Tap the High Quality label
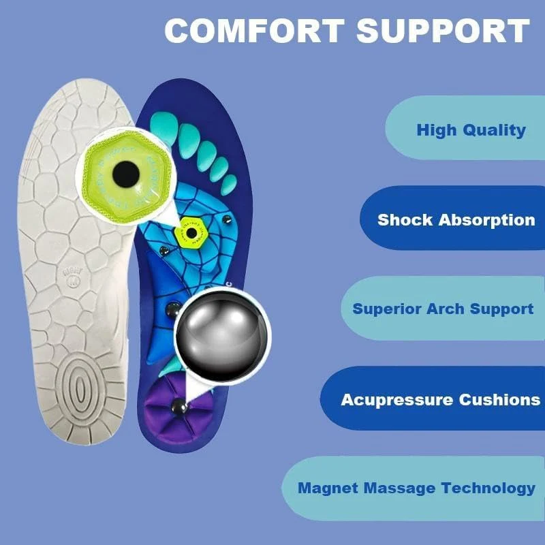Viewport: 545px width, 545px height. tap(471, 129)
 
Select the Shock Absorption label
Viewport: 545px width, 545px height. tap(456, 220)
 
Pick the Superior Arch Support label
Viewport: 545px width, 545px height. tap(443, 309)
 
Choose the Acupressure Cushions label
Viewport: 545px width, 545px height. tap(440, 399)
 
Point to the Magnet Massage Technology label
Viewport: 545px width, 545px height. tap(416, 488)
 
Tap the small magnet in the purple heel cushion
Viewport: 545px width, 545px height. tap(180, 407)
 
